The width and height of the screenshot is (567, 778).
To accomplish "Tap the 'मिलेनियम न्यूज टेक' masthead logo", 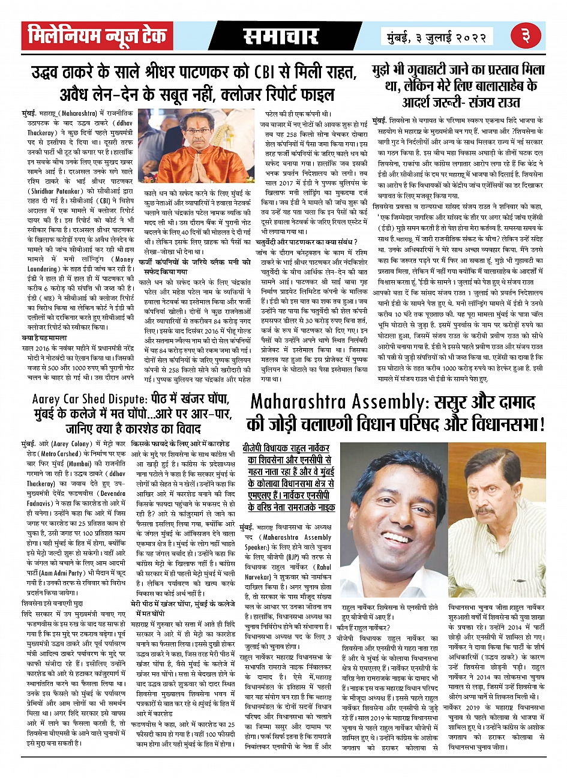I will [x=97, y=37].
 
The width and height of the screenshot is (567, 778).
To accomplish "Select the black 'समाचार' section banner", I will [x=280, y=37].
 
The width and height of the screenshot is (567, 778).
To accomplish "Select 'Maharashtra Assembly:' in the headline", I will [x=337, y=401].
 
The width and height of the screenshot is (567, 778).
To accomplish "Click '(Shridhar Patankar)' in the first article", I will [x=57, y=191].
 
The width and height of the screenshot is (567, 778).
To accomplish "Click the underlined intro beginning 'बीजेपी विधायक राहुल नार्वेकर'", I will [x=290, y=478].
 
